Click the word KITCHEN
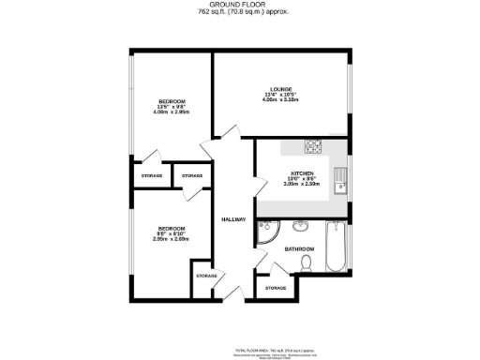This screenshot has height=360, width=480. tap(302, 173)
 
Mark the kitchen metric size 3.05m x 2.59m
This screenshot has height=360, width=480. tap(302, 185)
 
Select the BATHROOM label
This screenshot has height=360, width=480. tap(299, 248)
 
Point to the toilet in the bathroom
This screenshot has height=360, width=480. tap(307, 265)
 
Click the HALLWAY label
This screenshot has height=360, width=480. tap(233, 219)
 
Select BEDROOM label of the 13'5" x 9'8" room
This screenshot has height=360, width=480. tap(171, 100)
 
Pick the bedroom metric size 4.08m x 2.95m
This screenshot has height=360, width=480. tap(171, 112)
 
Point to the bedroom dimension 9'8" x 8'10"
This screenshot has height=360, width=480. tap(171, 233)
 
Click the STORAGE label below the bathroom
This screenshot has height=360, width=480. tap(275, 287)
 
